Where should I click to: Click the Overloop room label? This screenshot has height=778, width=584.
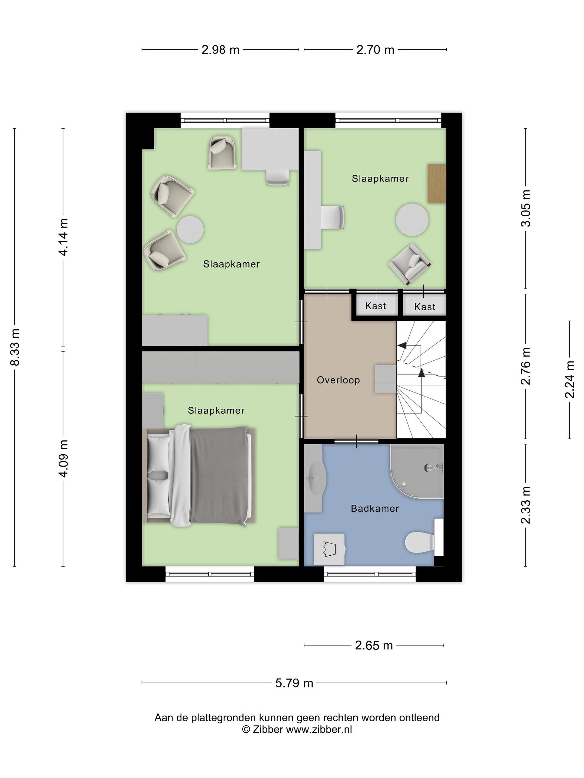click(338, 380)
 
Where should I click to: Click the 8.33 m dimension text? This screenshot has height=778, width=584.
click(15, 347)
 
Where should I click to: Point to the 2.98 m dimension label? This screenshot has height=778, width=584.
click(220, 50)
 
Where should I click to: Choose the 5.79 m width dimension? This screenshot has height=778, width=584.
click(294, 683)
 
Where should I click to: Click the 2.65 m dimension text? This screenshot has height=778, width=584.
click(374, 645)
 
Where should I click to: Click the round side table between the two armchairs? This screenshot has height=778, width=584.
click(190, 229)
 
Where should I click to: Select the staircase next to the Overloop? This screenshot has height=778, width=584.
click(421, 380)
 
